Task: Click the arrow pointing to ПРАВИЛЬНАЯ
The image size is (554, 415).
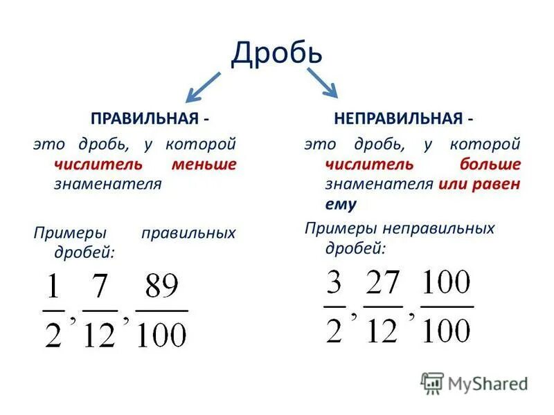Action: tap(202, 86)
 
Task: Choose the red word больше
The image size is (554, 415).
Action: tap(490, 165)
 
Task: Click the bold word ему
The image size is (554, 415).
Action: tap(339, 204)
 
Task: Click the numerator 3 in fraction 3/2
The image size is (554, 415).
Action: tap(334, 284)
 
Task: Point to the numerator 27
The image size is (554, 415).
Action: tap(382, 284)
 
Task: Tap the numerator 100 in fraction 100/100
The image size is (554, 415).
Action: tap(447, 283)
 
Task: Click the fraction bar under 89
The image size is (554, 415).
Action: tap(161, 311)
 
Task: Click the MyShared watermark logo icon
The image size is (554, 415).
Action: tap(432, 383)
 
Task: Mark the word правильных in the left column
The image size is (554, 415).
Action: tap(188, 233)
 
